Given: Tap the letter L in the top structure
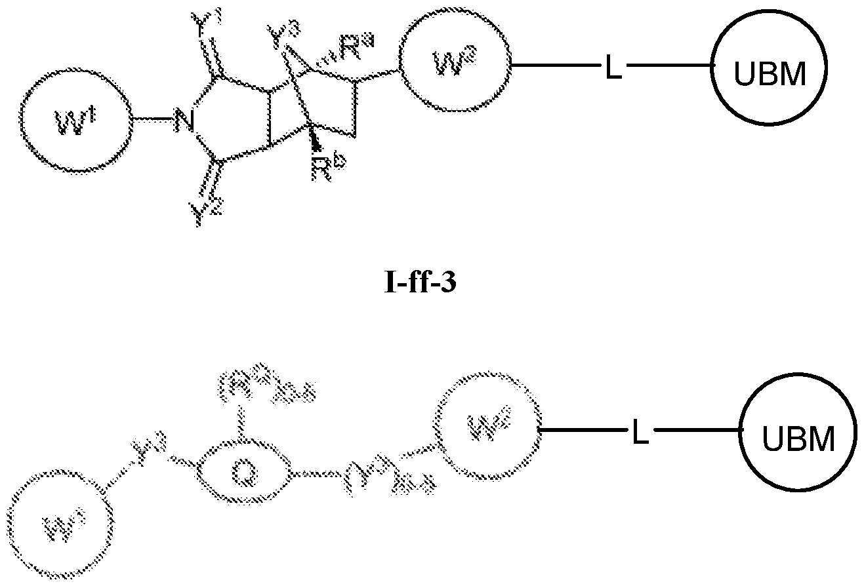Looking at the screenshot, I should click(613, 69).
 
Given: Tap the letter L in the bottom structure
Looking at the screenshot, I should click(640, 433).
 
